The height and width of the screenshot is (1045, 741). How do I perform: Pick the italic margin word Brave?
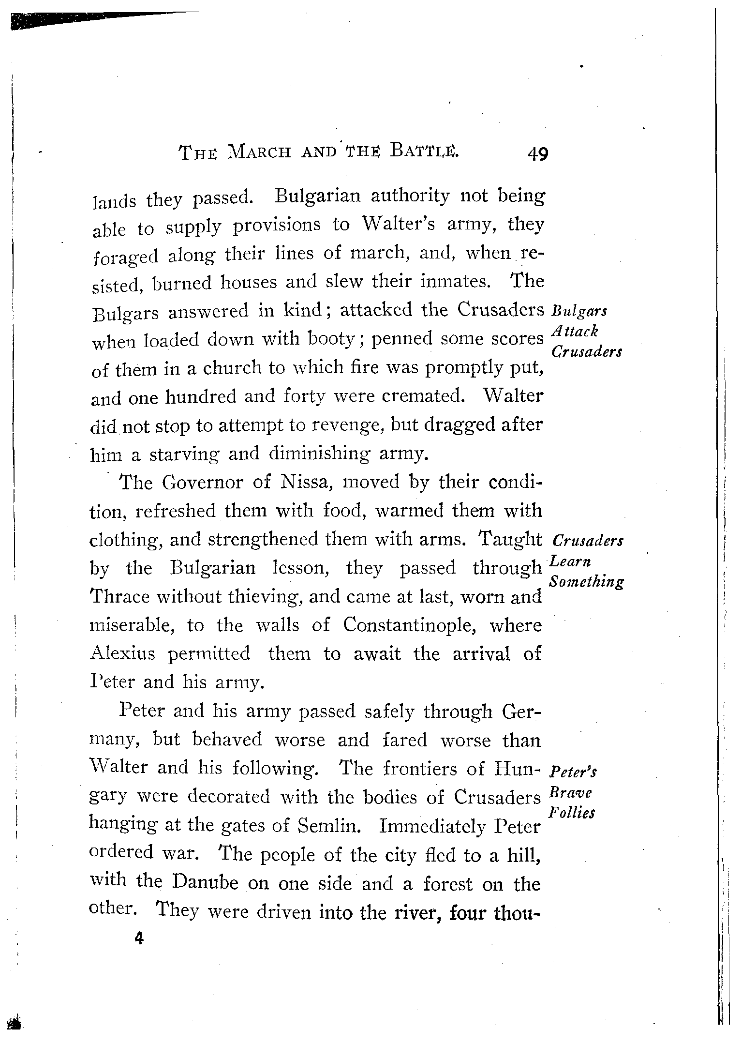tap(570, 793)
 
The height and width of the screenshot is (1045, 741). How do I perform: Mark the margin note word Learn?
tap(571, 562)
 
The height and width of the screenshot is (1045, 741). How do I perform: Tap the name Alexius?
tap(122, 654)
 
